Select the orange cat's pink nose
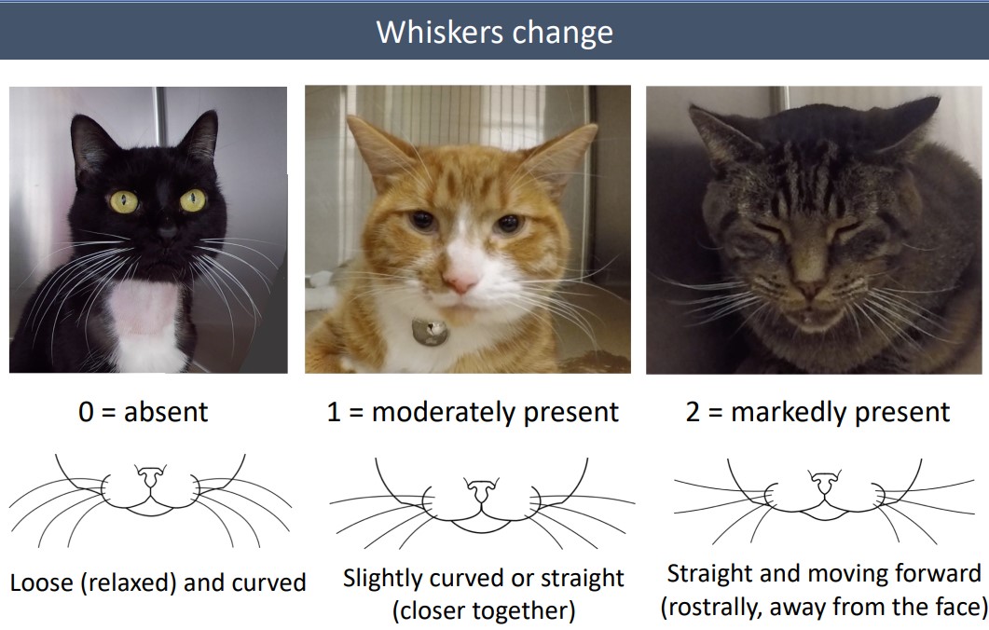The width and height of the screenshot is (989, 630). [460, 280]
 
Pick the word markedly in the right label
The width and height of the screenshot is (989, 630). [786, 412]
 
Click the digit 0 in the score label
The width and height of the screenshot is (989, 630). [87, 411]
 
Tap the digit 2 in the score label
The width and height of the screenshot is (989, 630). [694, 412]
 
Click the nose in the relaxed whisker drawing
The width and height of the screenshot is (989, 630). [149, 477]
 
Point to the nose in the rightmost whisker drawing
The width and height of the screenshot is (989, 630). [823, 484]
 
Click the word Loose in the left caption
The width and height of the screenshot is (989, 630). [40, 583]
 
